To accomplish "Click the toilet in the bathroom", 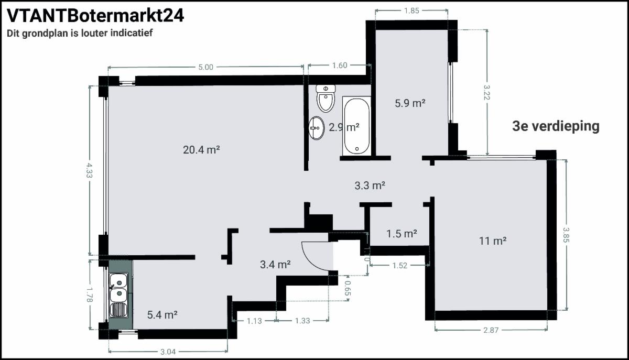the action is (326, 99).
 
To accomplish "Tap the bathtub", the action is (356, 126).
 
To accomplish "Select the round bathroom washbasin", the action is (317, 128).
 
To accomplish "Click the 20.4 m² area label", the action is (201, 150).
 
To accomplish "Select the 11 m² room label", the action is (493, 241).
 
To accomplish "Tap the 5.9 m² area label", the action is (410, 103).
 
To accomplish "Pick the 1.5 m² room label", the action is (402, 234).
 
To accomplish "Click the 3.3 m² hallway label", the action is (370, 186).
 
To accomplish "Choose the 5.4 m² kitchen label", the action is (162, 315).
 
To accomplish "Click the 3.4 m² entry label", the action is (275, 265).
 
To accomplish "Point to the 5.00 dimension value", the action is (206, 67).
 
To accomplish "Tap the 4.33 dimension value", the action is (89, 170).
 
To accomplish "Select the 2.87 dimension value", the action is (491, 330).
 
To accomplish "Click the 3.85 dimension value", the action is (566, 235).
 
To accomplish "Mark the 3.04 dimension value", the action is (168, 352).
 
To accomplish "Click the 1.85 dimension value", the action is (411, 10).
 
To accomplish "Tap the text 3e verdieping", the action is (556, 126).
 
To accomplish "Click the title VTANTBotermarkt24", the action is (95, 16).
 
